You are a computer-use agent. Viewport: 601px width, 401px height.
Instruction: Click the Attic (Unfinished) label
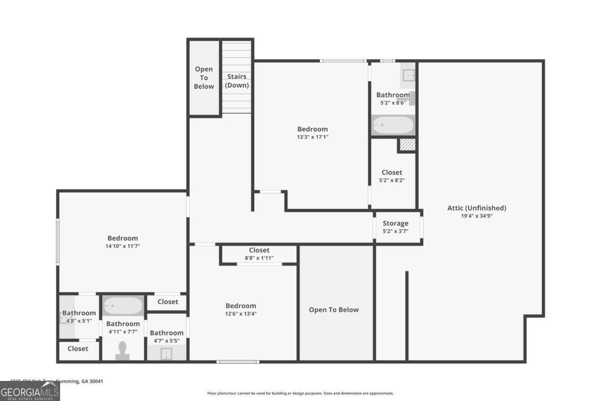click(x=476, y=208)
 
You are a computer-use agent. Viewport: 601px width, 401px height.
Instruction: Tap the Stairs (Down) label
click(x=236, y=81)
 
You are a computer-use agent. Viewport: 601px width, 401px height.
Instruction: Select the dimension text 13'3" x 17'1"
click(x=313, y=137)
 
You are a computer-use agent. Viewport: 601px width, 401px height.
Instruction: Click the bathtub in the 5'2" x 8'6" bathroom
click(x=393, y=125)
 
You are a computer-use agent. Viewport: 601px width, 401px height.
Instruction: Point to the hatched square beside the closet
click(x=407, y=144)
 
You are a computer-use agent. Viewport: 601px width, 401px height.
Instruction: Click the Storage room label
click(x=395, y=223)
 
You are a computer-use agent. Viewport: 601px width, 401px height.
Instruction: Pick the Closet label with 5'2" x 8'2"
click(x=392, y=172)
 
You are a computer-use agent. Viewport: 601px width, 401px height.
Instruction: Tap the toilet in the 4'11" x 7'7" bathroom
click(x=123, y=350)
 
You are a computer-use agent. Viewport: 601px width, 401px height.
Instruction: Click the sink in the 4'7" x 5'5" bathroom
click(x=167, y=354)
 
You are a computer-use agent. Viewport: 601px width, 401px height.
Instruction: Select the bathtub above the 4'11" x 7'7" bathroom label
click(x=123, y=305)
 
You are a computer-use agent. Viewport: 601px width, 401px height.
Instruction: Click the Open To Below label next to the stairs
click(x=204, y=78)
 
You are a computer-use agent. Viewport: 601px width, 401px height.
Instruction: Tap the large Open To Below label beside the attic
click(x=334, y=310)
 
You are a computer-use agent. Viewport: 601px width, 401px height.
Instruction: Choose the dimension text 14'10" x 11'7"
click(x=123, y=246)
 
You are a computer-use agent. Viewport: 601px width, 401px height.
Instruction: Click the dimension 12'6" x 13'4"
click(x=240, y=314)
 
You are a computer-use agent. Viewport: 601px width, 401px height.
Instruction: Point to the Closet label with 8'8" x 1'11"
click(x=259, y=250)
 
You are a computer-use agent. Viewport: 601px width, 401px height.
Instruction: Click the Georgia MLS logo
click(x=30, y=391)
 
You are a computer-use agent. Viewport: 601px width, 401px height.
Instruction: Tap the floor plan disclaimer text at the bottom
click(x=300, y=393)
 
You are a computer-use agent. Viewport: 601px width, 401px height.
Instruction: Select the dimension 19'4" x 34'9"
click(x=476, y=216)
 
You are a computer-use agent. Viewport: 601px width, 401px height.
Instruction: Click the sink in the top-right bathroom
click(x=408, y=75)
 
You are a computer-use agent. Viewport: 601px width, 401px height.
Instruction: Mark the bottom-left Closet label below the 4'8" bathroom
click(x=78, y=348)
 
